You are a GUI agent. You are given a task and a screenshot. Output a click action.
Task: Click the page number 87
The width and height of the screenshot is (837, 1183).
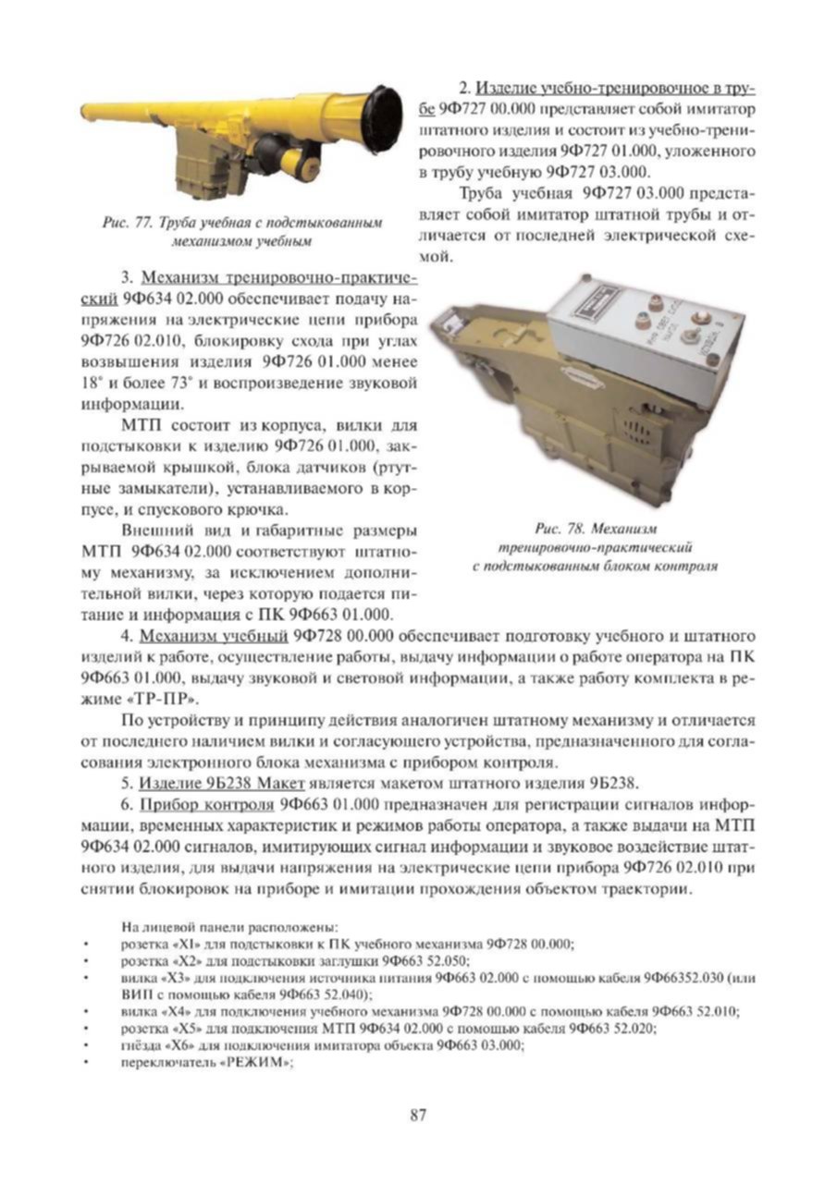click(417, 1115)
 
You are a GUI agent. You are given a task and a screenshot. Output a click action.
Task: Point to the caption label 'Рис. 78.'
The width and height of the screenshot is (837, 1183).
click(560, 529)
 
